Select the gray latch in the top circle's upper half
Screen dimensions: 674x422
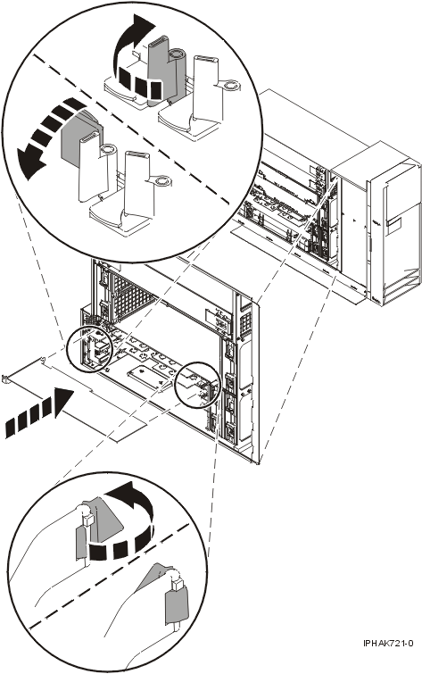[x=158, y=62]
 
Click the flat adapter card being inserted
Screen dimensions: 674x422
[x=98, y=402]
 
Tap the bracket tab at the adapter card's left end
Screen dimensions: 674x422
[x=8, y=378]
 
